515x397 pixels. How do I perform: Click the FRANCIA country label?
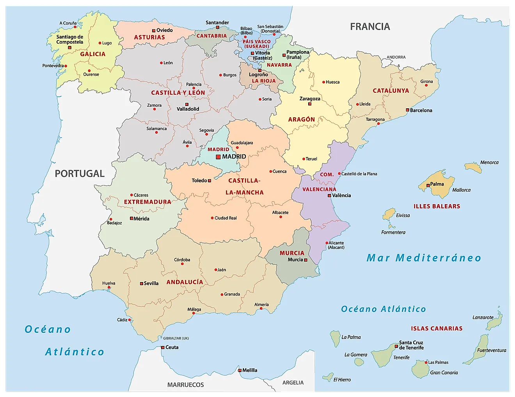[x=370, y=26]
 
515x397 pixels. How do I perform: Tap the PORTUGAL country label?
[x=80, y=174]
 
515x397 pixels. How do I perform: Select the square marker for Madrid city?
[x=218, y=157]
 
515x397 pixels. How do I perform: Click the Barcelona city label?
[x=421, y=111]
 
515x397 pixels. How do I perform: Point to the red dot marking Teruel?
[x=304, y=159]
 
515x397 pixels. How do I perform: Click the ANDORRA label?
[x=396, y=57]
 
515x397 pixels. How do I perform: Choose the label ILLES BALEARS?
[x=437, y=206]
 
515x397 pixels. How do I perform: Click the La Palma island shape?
[x=335, y=339]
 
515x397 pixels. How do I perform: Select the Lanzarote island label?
[x=483, y=318]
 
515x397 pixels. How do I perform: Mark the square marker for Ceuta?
[x=163, y=348]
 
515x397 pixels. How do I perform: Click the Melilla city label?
[x=250, y=370]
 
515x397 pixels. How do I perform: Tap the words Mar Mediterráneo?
[x=424, y=258]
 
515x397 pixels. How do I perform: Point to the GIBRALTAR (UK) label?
[x=176, y=338]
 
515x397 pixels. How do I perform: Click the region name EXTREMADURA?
[x=147, y=202]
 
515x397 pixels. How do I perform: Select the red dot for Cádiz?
[x=130, y=320]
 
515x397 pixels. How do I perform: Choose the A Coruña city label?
[x=68, y=23]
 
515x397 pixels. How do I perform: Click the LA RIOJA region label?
[x=264, y=81]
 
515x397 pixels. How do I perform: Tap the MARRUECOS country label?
[x=186, y=385]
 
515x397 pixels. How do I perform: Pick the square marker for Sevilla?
[x=142, y=284]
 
